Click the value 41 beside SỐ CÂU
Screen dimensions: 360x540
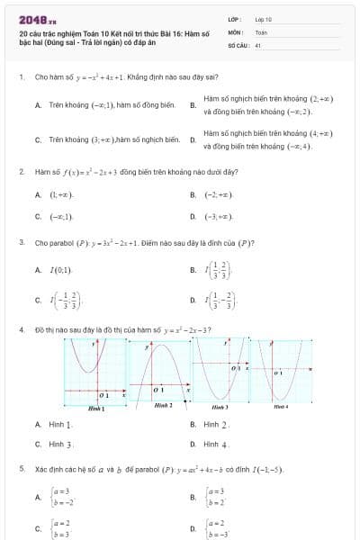coord(257,43)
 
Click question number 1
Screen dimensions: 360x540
coord(21,77)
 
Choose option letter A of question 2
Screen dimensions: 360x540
coord(38,194)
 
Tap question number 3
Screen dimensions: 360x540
coord(21,242)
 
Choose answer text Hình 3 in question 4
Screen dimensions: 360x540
coord(61,445)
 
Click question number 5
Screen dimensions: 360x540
coord(21,470)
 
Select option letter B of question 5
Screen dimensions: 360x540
coord(193,496)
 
